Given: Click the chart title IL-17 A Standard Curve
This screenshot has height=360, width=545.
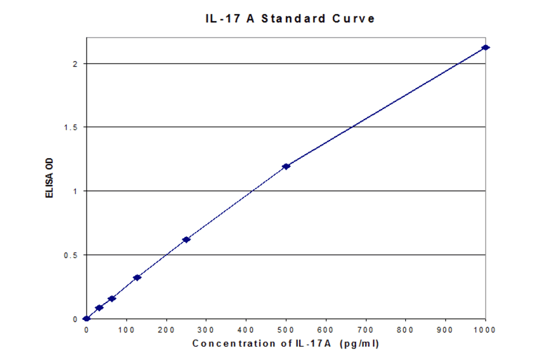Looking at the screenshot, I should point(290,18).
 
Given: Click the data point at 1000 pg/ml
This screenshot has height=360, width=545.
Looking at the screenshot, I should point(485,47).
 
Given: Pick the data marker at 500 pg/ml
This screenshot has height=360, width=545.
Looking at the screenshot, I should point(286,166).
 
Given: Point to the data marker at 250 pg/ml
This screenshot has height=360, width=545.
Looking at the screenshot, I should point(186,239).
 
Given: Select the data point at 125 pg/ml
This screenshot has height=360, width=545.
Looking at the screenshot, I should point(137,278).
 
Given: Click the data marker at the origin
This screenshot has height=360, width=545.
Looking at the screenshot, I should point(87,318).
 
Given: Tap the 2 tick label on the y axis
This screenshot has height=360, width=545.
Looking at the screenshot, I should point(74,64).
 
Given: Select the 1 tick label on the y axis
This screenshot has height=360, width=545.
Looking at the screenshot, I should point(74,191).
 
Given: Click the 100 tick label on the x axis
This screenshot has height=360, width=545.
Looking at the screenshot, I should point(126,330).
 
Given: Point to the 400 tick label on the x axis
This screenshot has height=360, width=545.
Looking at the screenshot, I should point(246,330).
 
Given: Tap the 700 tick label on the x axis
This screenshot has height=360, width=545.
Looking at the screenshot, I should point(366,330).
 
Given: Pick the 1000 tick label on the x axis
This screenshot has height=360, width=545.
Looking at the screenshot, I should point(485,330).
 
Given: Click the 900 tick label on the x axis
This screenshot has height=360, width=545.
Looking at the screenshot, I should point(446,330).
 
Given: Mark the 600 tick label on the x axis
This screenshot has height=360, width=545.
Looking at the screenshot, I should point(326,330).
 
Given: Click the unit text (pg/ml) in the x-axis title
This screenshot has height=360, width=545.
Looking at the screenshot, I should point(360,344).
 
